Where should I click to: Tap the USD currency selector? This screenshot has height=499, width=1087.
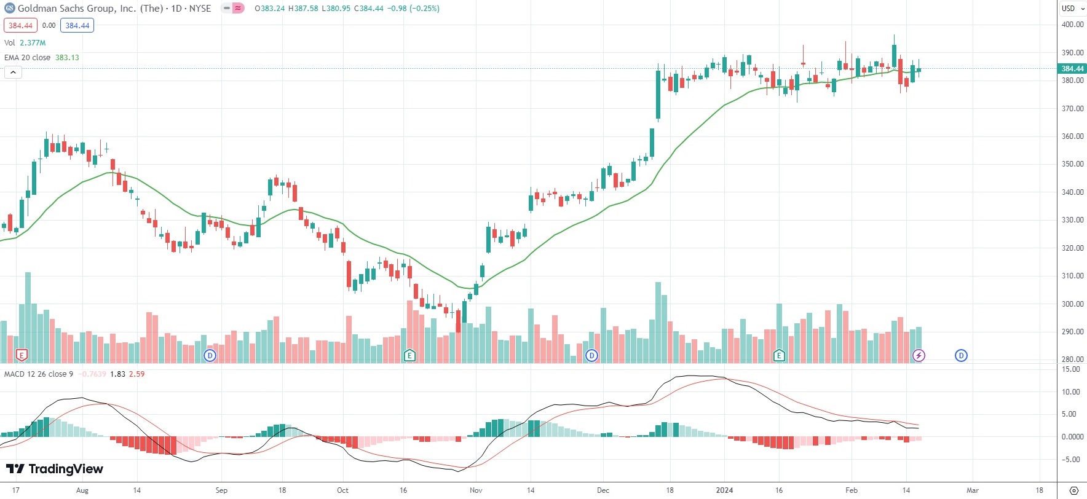tap(1072, 8)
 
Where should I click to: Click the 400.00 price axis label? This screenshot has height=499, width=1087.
tap(1072, 25)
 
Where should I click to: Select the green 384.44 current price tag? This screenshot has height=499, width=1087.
tap(1072, 69)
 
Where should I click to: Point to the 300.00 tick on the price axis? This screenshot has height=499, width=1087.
tap(1072, 304)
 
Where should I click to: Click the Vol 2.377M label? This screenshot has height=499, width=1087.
tap(25, 43)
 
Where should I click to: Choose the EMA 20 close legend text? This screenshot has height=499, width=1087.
tap(28, 58)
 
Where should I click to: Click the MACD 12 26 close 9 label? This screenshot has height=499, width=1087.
tap(39, 374)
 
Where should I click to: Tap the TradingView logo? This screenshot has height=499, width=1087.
tap(55, 469)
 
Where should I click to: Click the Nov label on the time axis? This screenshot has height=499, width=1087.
tap(476, 490)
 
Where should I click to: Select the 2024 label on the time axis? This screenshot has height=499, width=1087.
tap(724, 490)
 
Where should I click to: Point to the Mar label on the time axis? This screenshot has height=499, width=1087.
tap(972, 490)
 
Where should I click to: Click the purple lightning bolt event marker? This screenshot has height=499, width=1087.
tap(919, 355)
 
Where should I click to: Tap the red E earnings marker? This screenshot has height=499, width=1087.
tap(22, 355)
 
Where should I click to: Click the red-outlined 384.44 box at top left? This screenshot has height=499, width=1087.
tap(20, 26)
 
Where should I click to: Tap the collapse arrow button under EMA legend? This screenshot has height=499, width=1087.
tap(13, 73)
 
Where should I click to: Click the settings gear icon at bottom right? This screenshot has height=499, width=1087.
tap(1073, 490)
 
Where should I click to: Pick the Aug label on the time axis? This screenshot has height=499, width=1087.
tap(82, 490)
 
